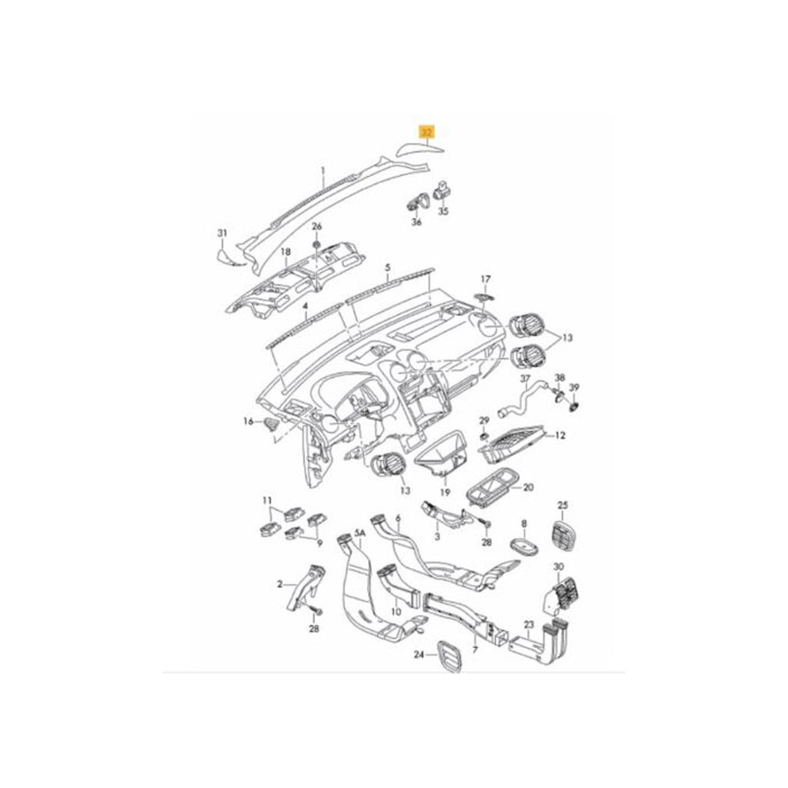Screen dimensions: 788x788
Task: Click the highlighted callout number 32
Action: (426, 132)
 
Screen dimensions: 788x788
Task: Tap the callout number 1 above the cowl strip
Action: (323, 170)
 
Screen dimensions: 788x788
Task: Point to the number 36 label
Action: (417, 222)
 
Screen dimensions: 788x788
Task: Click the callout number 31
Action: (222, 233)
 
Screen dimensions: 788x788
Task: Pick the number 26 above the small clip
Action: (316, 226)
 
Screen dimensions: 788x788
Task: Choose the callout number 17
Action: (485, 279)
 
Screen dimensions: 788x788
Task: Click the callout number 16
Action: (248, 421)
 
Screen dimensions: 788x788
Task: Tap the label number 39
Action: (574, 387)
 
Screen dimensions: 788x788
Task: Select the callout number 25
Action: (562, 505)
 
